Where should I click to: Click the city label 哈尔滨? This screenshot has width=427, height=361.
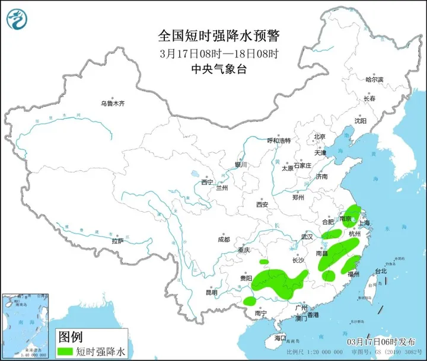[374, 79]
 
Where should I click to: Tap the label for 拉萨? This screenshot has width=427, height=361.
[117, 241]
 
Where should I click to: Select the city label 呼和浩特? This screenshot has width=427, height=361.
[279, 140]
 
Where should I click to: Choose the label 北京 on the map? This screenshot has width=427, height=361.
[320, 136]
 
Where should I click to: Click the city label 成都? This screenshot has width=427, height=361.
[223, 240]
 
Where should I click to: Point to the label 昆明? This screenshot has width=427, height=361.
[211, 292]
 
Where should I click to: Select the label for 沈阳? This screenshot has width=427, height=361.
[360, 120]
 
